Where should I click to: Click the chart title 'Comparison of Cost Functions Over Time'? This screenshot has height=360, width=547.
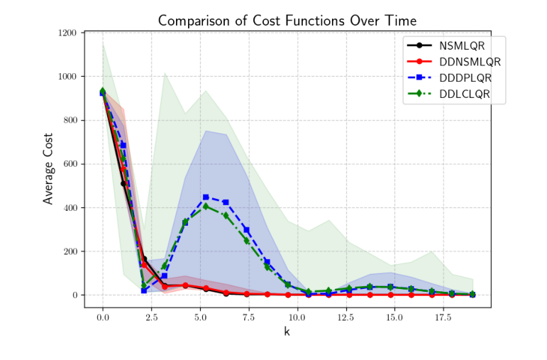click(x=287, y=21)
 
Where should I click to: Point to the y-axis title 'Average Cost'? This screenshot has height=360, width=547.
click(x=48, y=170)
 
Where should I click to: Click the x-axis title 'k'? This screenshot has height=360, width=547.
click(x=287, y=331)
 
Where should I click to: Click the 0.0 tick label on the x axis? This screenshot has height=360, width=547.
click(x=103, y=317)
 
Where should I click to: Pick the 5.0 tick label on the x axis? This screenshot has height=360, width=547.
click(x=200, y=317)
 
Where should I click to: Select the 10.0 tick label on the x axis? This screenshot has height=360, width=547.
click(x=297, y=317)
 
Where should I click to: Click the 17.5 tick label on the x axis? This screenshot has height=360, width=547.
click(x=442, y=317)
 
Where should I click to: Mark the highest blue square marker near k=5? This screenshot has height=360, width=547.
click(x=206, y=197)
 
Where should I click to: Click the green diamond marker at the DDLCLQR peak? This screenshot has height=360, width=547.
click(x=206, y=206)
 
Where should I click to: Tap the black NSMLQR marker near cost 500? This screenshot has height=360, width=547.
click(x=123, y=183)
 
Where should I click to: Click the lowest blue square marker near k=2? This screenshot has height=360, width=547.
click(x=144, y=290)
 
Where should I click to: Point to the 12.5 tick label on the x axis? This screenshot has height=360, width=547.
click(x=345, y=317)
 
